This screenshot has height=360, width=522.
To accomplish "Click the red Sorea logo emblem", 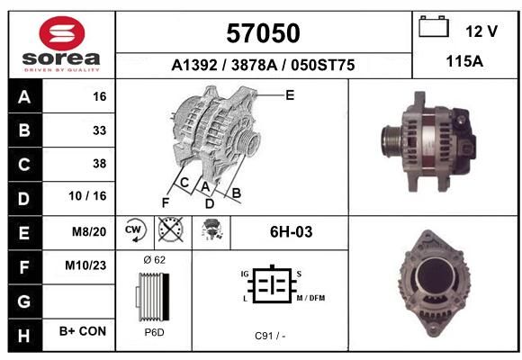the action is (x=62, y=33).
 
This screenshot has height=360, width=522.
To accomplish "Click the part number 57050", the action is (x=263, y=33).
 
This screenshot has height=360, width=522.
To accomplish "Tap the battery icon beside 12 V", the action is (x=434, y=26).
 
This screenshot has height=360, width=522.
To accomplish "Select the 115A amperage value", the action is (x=464, y=61).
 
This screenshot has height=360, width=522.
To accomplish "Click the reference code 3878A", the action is (x=255, y=65).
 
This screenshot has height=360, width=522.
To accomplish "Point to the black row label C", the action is (x=24, y=164).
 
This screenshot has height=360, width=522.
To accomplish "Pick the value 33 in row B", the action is (x=100, y=130).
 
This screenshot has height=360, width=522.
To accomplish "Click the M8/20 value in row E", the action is (x=89, y=231).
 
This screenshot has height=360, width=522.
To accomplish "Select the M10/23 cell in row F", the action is (x=85, y=265).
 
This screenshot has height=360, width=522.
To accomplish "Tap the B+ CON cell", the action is (x=83, y=331).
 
